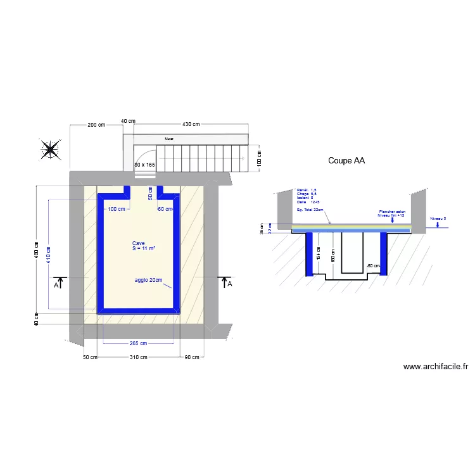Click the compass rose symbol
click(50, 149)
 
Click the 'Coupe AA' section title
click(346, 161)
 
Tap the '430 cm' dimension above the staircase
click(191, 125)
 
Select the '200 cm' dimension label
click(96, 125)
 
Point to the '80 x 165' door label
click(144, 165)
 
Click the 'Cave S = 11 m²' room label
click(143, 246)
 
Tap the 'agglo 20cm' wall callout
click(148, 280)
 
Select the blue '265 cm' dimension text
click(138, 344)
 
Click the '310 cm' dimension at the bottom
click(138, 357)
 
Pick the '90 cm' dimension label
click(191, 357)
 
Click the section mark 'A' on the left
click(57, 286)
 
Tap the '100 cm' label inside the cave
click(116, 209)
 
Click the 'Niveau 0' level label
click(438, 218)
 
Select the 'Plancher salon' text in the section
click(391, 212)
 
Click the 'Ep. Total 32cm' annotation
click(309, 210)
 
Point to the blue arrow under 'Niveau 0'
click(438, 224)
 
